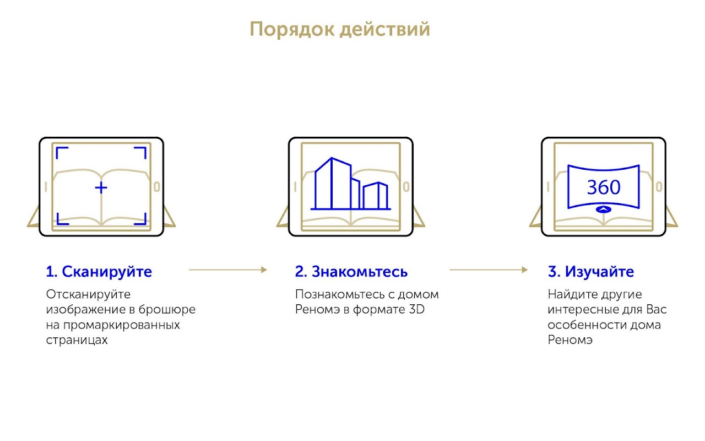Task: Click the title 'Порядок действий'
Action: click(340, 29)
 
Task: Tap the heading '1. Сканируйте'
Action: click(99, 272)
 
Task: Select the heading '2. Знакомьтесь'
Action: click(351, 272)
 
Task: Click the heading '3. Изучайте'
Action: click(591, 272)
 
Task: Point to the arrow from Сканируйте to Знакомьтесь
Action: click(228, 270)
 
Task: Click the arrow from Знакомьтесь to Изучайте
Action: click(489, 270)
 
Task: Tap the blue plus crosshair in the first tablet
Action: click(101, 188)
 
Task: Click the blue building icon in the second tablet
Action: click(351, 184)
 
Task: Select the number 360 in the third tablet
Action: click(604, 187)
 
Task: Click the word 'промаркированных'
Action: click(122, 325)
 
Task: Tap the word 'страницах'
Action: click(77, 340)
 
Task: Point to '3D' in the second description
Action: click(417, 309)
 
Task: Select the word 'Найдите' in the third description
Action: click(572, 294)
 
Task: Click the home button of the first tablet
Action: click(157, 187)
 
